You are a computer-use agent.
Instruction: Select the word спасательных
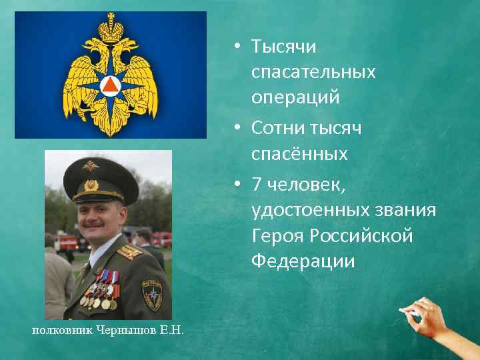pos(313,72)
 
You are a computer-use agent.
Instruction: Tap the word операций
pos(295,97)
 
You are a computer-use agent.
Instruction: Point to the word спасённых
pos(299,154)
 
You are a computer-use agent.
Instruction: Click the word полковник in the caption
pos(61,331)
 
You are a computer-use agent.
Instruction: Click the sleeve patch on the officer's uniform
pos(151,293)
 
